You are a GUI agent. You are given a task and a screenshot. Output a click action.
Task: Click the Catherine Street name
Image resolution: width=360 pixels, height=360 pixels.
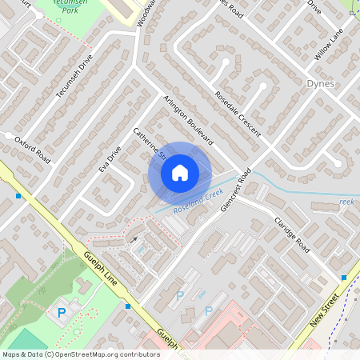point(148,142)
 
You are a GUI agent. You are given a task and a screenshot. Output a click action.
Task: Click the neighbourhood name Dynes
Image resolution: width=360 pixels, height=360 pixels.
point(320,83)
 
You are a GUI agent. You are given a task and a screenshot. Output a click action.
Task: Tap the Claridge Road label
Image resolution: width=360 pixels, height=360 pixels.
point(292,234)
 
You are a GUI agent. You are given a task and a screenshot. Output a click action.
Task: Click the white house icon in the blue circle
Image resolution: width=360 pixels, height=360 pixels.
point(179,172)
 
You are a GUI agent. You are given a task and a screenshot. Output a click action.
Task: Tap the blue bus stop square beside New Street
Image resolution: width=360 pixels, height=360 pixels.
point(344,278)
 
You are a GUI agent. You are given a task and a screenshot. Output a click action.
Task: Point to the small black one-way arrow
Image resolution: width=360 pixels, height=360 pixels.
point(134,238)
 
